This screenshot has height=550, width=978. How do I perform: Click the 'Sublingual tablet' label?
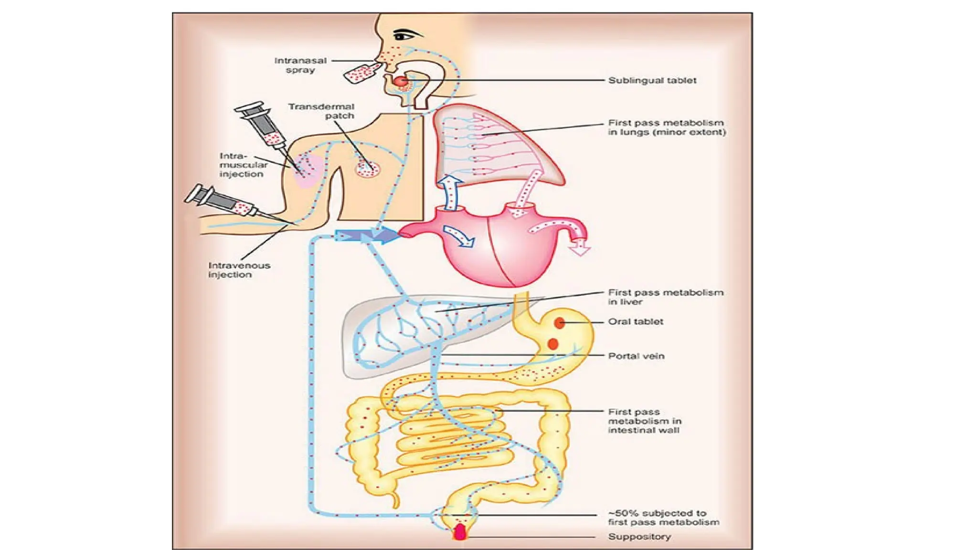coord(652,81)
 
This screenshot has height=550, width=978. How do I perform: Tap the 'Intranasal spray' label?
coord(300,65)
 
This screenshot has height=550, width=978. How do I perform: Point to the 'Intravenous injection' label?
coord(239,270)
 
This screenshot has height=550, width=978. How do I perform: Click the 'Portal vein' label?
coord(636,356)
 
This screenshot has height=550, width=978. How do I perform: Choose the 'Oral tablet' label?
coord(636,322)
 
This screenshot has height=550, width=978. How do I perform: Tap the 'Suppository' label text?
coord(639,537)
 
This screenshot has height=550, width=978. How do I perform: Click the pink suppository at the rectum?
coord(459,532)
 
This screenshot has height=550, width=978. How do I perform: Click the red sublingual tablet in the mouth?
coord(401,82)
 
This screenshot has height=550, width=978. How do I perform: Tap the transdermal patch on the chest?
coord(367,168)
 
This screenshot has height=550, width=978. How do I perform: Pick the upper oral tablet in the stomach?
coord(560,323)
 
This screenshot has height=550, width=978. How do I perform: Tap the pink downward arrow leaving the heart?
coord(581,245)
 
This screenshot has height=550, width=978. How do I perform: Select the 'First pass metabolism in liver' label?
coord(666,297)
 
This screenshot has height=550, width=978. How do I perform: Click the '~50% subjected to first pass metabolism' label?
coord(663,518)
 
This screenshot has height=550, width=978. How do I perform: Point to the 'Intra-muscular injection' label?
coord(243,165)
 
